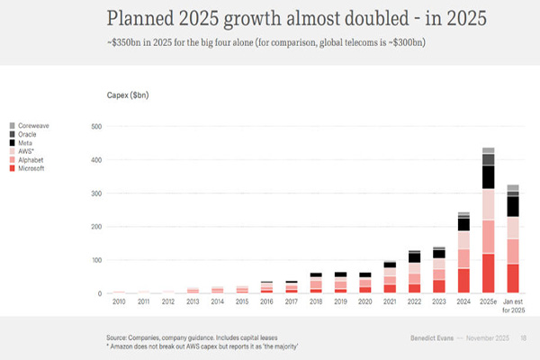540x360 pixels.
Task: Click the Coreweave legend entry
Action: point(32,125)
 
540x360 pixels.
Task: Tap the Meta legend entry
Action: point(26,142)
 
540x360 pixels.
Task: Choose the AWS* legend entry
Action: point(27,151)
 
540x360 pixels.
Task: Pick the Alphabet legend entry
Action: point(31,159)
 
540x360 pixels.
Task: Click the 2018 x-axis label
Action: point(314,302)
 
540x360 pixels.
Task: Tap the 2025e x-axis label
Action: point(489,302)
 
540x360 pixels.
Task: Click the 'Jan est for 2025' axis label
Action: point(513,306)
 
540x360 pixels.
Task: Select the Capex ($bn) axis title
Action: point(128,94)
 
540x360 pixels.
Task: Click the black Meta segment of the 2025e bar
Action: point(489,176)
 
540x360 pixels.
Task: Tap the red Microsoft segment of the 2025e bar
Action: point(489,274)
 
